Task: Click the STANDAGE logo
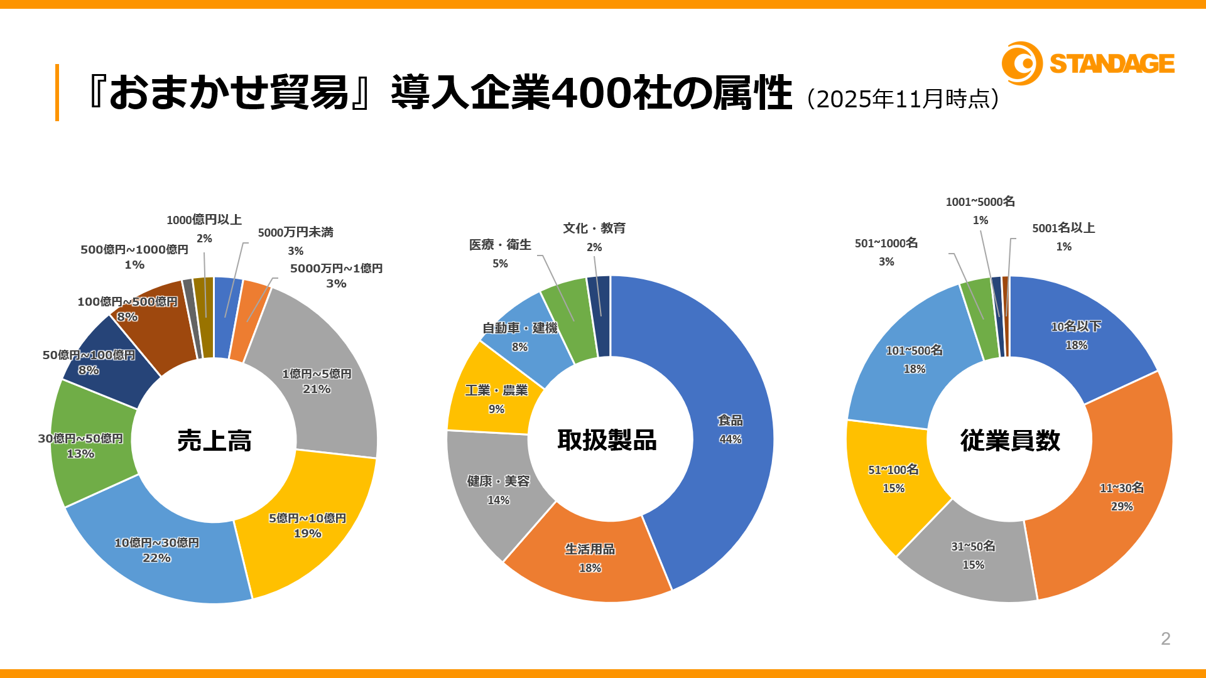tap(1088, 63)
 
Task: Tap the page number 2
tap(1165, 638)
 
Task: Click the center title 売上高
tap(214, 441)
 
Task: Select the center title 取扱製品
tap(607, 440)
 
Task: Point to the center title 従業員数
tap(1010, 441)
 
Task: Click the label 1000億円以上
tap(204, 220)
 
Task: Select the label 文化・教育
tap(594, 229)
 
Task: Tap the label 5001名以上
tap(1063, 229)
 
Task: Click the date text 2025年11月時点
tap(903, 99)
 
